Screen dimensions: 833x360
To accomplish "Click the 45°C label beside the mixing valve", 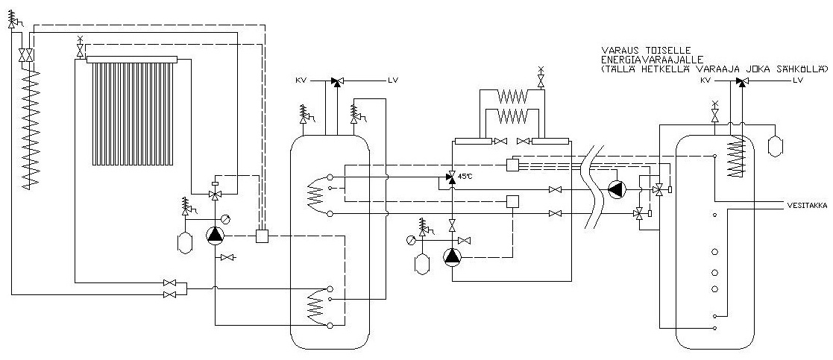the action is pos(464,176).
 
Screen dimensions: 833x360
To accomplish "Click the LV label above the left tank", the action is pos(393,80).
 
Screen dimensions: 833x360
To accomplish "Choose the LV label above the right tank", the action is pos(797,80).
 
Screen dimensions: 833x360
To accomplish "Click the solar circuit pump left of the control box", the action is pos(216,236).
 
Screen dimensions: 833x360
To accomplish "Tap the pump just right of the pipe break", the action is pos(616,189).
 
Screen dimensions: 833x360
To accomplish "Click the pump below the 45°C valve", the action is pos(452,256).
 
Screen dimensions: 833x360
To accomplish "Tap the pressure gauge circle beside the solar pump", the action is pos(227,217).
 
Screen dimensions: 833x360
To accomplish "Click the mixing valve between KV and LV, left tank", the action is pos(335,80).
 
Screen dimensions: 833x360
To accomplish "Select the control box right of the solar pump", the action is pos(262,236).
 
